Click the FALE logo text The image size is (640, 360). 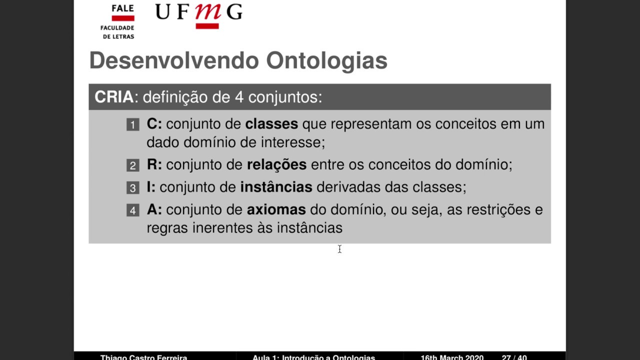tap(122, 8)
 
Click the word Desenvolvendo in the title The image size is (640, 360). tap(174, 61)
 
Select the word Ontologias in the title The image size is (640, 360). tap(326, 61)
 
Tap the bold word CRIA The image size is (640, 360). tap(114, 97)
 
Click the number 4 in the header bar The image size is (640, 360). tap(239, 97)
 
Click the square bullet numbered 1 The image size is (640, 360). tap(132, 124)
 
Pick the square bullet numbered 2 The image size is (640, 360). tap(132, 165)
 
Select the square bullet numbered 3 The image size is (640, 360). tap(132, 188)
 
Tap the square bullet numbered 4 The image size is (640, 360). tap(132, 210)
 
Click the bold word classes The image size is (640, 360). tap(271, 124)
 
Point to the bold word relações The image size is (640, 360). tap(276, 164)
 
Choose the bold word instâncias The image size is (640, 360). tap(276, 187)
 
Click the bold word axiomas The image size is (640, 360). tap(276, 209)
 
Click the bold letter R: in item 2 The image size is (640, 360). tap(154, 164)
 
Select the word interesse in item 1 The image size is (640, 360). tap(292, 142)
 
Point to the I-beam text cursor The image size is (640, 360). tap(339, 249)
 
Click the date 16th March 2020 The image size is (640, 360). tap(451, 357)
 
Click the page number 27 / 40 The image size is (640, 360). tap(514, 357)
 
